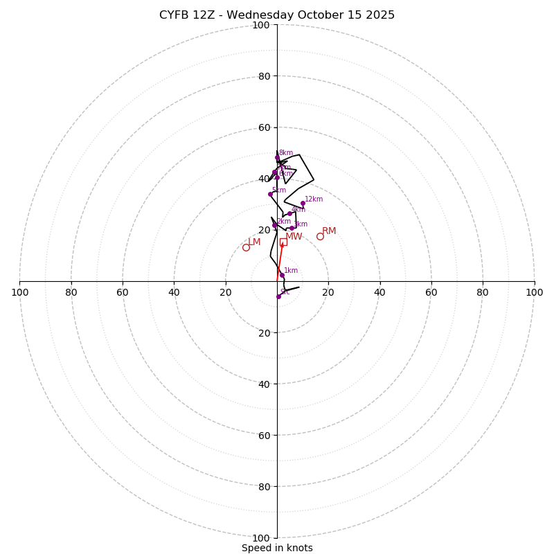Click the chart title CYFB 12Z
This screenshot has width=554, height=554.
point(277,15)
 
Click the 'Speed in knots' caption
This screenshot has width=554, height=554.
point(277,548)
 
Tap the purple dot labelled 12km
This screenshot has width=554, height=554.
point(303,204)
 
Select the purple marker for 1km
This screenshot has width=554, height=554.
point(282,275)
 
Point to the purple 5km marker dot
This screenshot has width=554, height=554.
point(270,194)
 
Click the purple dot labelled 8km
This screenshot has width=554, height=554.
point(277,157)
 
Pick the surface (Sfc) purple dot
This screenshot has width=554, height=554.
point(278,296)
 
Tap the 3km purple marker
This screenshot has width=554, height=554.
point(292,228)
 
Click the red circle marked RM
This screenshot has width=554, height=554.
point(320,236)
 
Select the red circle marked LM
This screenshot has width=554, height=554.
point(246,247)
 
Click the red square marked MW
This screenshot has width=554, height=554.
point(283,242)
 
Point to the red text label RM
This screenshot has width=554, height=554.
point(329,231)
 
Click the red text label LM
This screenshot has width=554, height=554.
point(254,242)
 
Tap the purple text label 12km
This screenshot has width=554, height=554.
point(314,199)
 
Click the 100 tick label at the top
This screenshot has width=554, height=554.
point(261,25)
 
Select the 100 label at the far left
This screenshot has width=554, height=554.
point(19,292)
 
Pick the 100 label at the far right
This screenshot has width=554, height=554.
point(534,292)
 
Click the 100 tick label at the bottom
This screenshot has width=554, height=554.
point(261,538)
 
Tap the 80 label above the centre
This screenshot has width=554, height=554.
point(264,76)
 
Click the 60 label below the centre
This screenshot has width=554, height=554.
point(264,435)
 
